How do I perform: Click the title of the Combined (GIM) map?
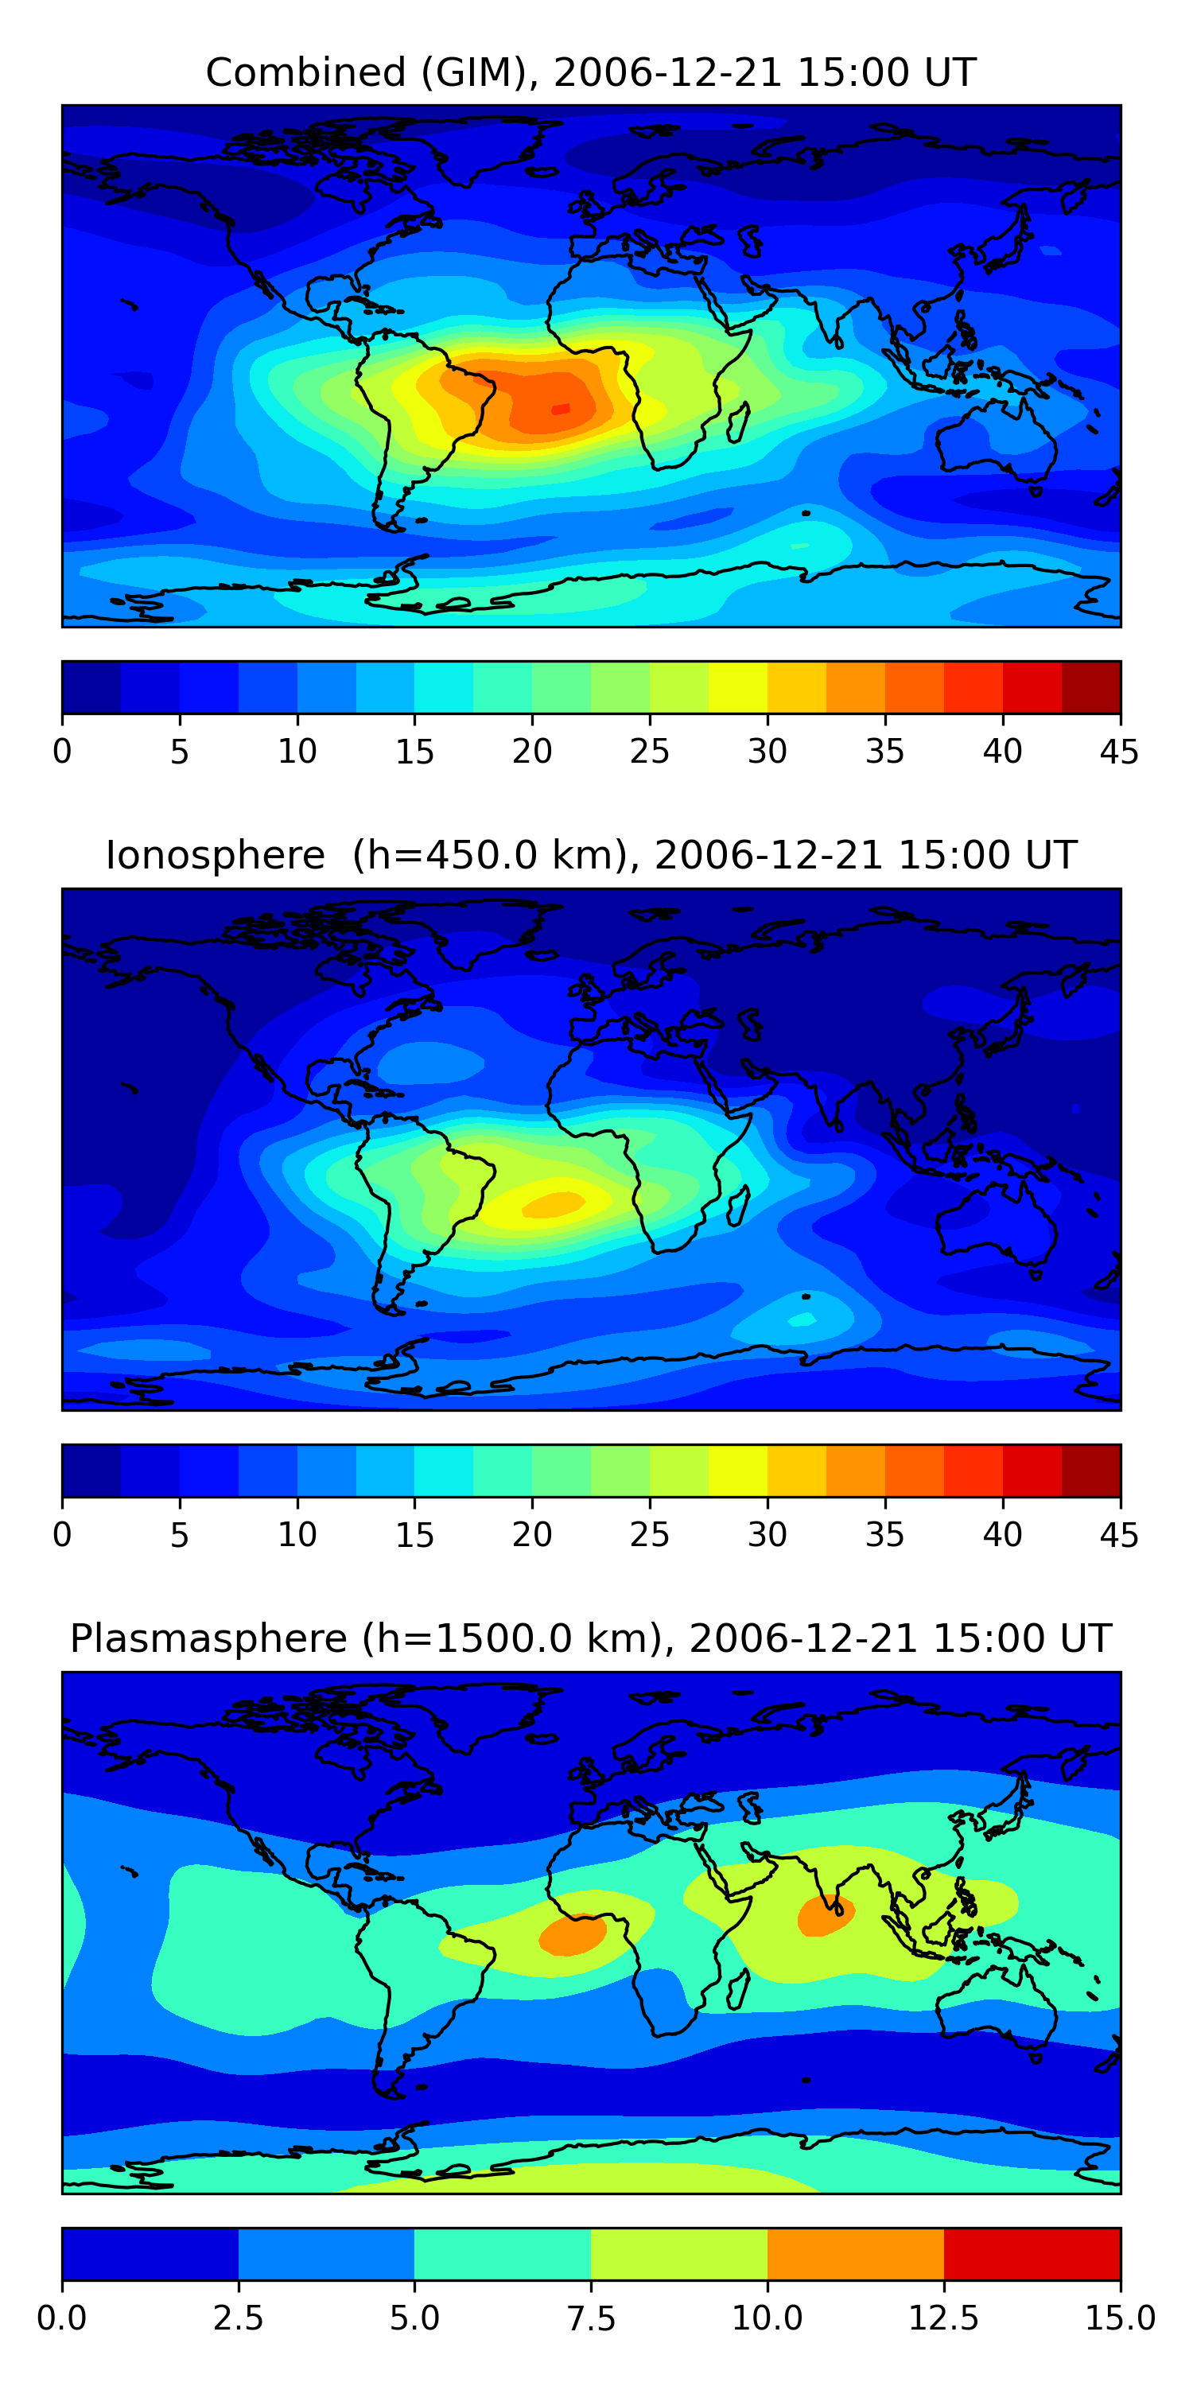coord(591,72)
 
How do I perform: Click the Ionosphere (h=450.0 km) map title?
coord(591,855)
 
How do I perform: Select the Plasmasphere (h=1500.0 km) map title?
coord(591,1638)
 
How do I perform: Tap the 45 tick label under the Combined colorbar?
coord(1119,751)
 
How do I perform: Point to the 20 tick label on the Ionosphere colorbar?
coord(531,1535)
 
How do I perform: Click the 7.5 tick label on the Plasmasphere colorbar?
coord(591,2318)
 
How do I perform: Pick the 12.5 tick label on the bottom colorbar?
coord(944,2318)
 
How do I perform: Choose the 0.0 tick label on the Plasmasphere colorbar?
coord(62,2318)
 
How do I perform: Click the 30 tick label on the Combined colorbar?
coord(767,751)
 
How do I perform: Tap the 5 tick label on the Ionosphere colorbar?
coord(180,1535)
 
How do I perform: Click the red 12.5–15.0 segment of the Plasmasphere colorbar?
coord(1032,2252)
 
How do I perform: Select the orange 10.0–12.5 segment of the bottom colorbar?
coord(855,2252)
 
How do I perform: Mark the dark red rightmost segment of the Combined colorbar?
coord(1091,687)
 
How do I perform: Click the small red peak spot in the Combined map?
coord(562,409)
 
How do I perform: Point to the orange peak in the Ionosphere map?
coord(554,1203)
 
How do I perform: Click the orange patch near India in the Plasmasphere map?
coord(826,1915)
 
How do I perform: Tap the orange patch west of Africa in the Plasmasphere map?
coord(573,1934)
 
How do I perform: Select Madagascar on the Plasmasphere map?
coord(738,1988)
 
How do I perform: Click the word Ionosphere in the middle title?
coord(216,855)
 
